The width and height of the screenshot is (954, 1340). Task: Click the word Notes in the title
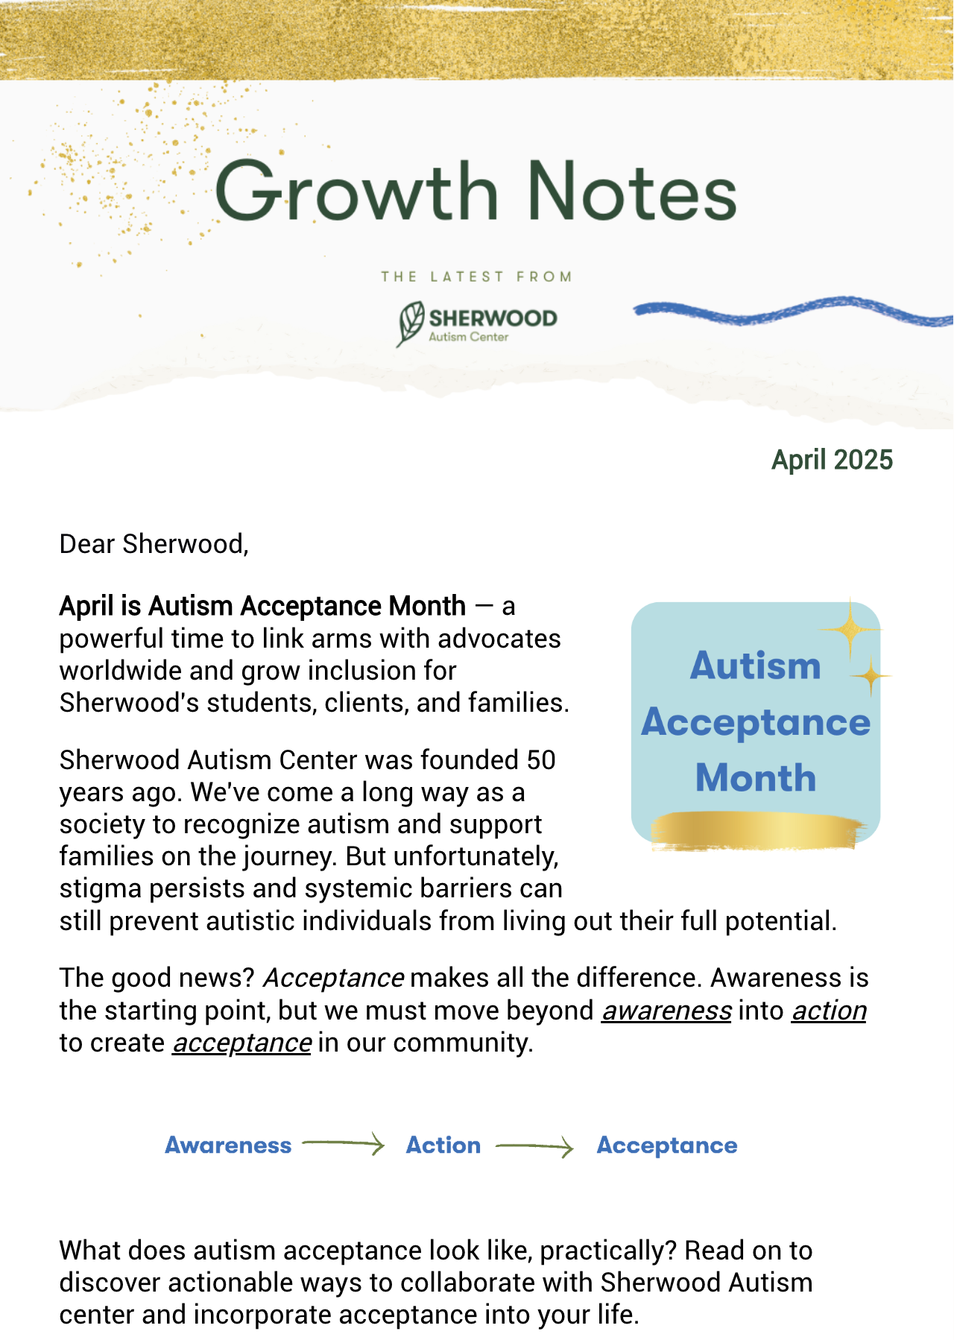(x=631, y=192)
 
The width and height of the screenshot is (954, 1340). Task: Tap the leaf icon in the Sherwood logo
(x=411, y=323)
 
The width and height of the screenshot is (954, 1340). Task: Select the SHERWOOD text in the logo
(x=493, y=318)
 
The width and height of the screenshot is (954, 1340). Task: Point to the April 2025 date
(x=832, y=460)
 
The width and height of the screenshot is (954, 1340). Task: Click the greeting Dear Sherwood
(x=154, y=544)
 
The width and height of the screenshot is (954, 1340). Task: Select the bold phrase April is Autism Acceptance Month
(x=262, y=606)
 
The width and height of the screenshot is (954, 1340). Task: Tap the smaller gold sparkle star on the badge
(x=871, y=676)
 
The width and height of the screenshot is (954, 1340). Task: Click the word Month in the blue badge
(x=756, y=777)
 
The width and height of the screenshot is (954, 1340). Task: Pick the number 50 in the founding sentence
(x=541, y=760)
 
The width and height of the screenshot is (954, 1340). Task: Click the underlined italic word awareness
(x=666, y=1011)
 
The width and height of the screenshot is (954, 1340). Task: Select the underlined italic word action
(x=829, y=1011)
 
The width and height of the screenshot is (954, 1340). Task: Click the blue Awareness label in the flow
(x=228, y=1145)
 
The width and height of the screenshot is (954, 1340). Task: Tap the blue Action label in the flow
(x=443, y=1145)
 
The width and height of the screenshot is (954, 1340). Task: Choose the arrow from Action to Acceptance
(x=534, y=1146)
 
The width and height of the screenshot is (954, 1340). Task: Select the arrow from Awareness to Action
(x=343, y=1143)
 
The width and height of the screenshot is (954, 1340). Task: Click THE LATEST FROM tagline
(x=476, y=276)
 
